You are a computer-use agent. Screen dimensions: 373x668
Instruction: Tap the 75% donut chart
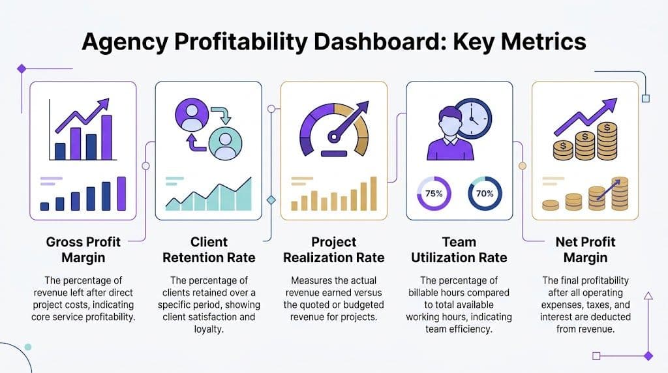434,194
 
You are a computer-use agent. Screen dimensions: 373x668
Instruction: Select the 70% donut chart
485,194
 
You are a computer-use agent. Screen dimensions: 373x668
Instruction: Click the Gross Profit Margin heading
83,249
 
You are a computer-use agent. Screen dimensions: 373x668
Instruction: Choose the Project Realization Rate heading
334,249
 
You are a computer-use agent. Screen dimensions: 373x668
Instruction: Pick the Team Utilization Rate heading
459,249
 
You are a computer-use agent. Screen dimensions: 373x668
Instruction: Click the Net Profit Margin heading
585,249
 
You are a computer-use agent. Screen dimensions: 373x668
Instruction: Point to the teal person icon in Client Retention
225,143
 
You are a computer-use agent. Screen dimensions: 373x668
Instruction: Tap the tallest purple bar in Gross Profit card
121,193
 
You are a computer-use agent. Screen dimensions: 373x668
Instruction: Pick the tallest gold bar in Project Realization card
373,194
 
